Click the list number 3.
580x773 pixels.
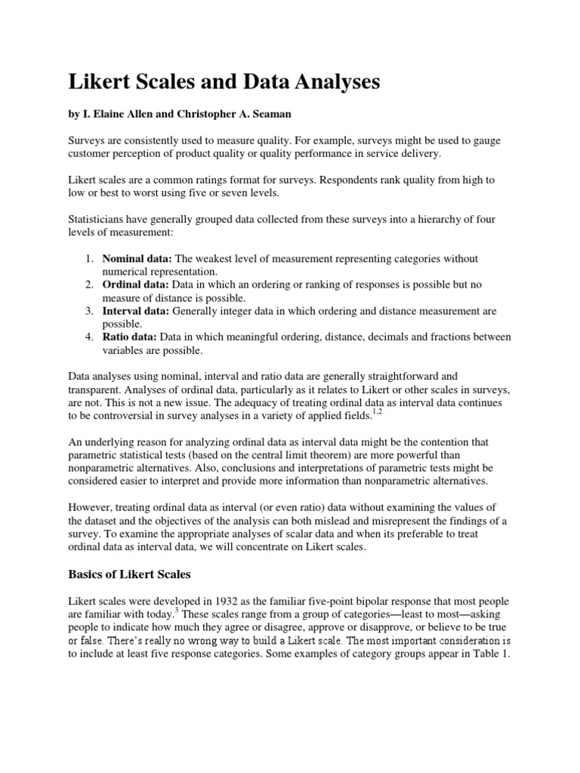[x=88, y=310]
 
